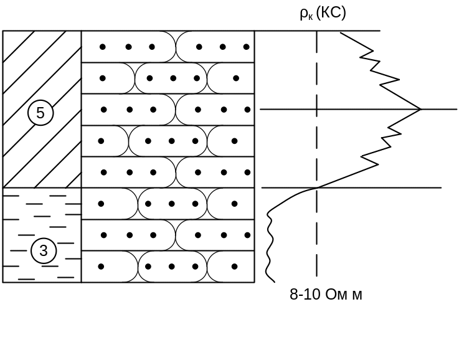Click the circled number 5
40,113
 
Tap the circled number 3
44,251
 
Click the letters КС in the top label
331,13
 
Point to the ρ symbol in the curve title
304,14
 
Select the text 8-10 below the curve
305,295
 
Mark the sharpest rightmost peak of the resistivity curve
421,109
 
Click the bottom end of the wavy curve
273,282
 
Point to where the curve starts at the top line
340,31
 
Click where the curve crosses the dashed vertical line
318,187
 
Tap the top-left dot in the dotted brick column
103,47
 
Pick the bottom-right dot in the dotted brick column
234,267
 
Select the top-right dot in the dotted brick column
247,47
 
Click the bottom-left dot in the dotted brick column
101,267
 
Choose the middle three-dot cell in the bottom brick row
172,267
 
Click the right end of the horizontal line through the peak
457,109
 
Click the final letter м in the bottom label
357,295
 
